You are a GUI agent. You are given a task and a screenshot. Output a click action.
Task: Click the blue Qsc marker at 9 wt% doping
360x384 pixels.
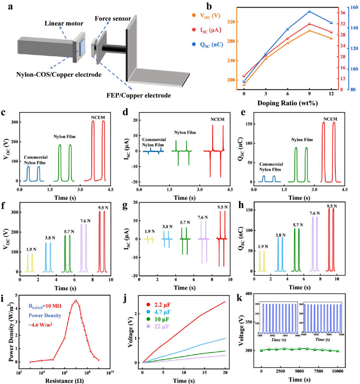point(309,12)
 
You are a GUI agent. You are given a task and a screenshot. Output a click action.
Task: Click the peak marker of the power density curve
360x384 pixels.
point(76,301)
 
